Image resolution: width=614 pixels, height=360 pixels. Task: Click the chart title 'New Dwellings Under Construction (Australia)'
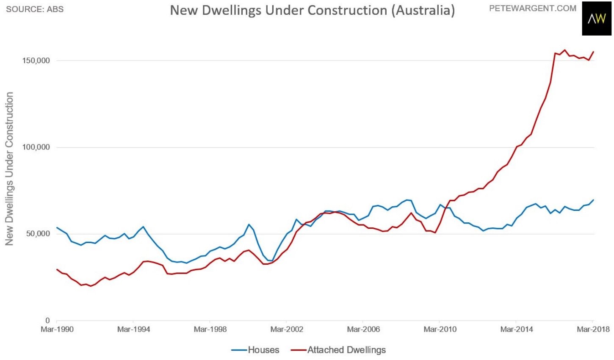[312, 11]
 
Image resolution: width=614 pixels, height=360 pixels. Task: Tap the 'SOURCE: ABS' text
[35, 9]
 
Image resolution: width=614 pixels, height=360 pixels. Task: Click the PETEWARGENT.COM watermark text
[533, 8]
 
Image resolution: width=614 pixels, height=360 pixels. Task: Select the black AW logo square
[597, 19]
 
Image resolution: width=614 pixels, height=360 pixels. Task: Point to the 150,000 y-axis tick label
[36, 61]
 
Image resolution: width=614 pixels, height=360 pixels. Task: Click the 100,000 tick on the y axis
[36, 147]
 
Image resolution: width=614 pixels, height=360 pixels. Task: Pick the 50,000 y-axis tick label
[38, 234]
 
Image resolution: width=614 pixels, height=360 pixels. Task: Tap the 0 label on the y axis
[48, 321]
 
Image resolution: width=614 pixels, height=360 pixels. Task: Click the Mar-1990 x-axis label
[57, 329]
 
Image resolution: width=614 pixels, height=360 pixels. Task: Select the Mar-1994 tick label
[133, 329]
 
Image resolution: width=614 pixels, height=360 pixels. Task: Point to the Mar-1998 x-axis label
[210, 329]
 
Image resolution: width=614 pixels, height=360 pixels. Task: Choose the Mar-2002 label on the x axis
[287, 329]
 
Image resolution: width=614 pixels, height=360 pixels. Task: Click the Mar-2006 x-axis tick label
[363, 329]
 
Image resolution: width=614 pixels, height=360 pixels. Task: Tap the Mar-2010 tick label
[440, 329]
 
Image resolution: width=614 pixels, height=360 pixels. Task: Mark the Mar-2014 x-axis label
[517, 329]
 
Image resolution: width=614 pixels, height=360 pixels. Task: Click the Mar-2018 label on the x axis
[593, 329]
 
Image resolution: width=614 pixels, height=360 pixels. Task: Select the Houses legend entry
[255, 350]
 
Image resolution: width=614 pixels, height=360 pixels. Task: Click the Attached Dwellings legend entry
[338, 350]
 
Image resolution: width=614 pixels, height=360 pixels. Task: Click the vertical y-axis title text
[9, 169]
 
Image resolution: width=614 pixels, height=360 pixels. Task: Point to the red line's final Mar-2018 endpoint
[593, 52]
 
